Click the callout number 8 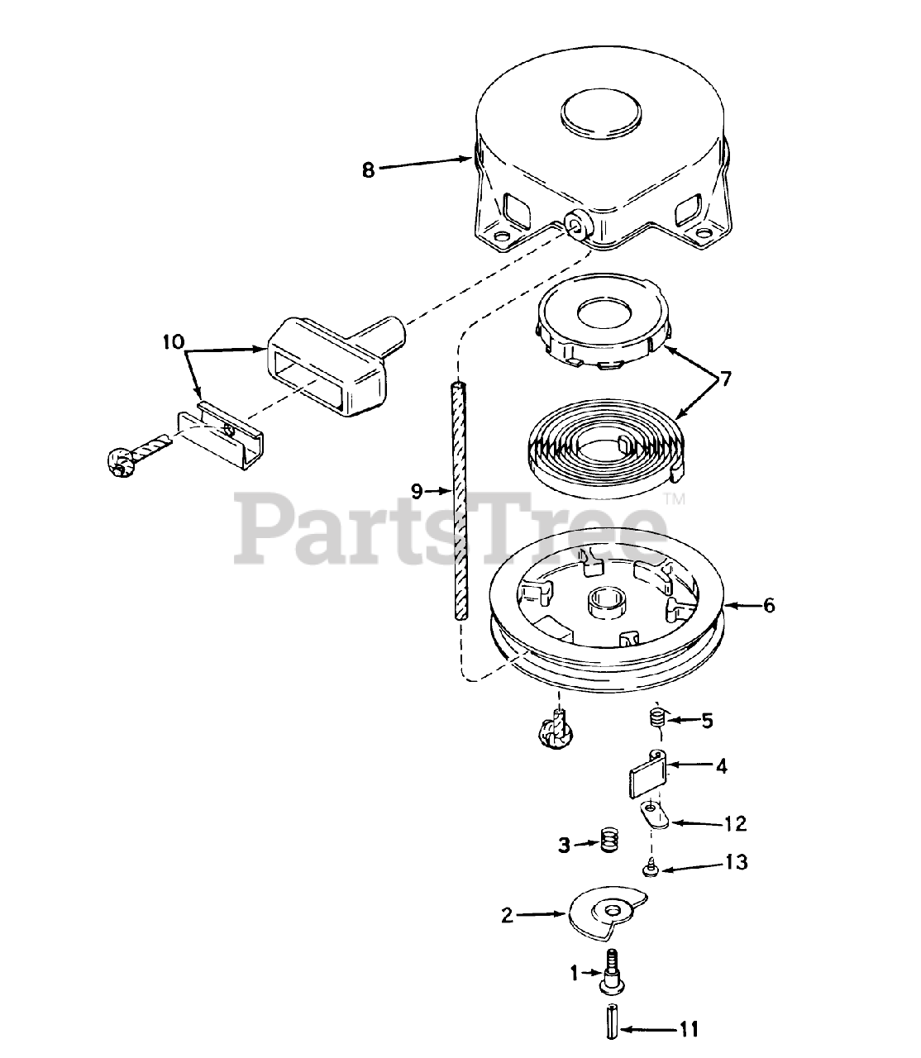tap(368, 170)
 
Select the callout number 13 tap(737, 863)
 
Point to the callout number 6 tap(769, 606)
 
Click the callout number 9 tap(417, 492)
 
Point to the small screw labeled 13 tap(650, 870)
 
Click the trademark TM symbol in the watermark tap(675, 499)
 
